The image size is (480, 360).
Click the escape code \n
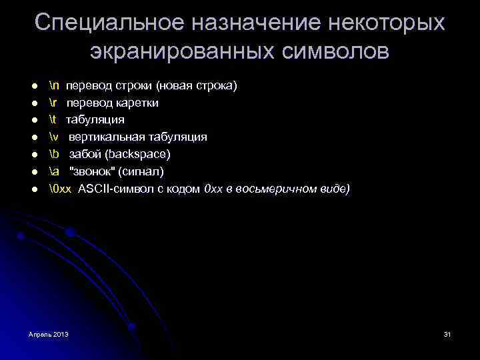(53, 85)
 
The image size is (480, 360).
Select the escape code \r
(53, 103)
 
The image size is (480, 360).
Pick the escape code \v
(53, 137)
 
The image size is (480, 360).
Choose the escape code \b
(53, 154)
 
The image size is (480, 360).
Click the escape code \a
(53, 171)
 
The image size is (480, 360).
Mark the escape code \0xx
(59, 189)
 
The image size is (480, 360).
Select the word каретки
(136, 103)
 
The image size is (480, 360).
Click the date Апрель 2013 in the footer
(49, 333)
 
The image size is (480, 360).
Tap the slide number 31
(447, 333)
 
